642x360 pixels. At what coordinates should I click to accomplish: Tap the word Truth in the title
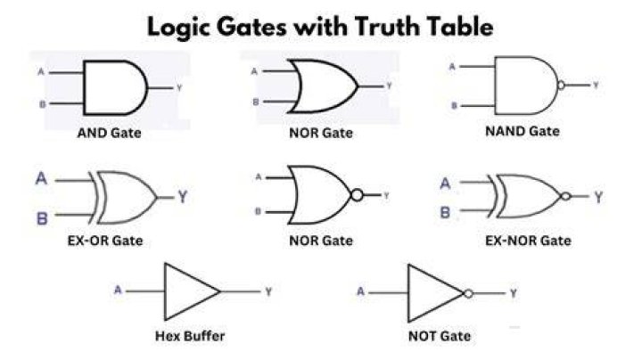point(389,27)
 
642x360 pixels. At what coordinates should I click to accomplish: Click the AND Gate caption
point(110,133)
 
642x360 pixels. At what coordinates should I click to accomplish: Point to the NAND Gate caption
point(523,131)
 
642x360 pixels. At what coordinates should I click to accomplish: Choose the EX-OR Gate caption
point(105,241)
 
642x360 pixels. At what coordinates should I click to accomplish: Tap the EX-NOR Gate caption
point(528,241)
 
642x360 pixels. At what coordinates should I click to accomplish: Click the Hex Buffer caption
point(190,336)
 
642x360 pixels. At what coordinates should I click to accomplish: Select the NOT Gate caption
point(440,336)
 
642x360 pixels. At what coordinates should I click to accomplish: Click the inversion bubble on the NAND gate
point(561,86)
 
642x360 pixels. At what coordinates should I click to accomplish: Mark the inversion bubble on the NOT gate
point(468,293)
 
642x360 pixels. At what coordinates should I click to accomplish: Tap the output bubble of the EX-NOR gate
point(566,196)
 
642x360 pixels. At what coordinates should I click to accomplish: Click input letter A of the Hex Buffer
point(118,290)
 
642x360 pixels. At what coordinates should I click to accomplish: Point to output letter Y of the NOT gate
point(514,293)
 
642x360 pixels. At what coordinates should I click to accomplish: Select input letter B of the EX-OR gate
point(42,218)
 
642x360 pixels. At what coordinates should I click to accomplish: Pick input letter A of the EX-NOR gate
point(446,184)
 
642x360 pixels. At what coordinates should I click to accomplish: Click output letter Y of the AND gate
point(179,87)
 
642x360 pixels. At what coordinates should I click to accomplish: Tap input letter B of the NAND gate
point(454,106)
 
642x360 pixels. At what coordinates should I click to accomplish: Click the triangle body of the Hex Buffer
point(165,291)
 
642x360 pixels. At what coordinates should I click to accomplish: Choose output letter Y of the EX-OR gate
point(183,197)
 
